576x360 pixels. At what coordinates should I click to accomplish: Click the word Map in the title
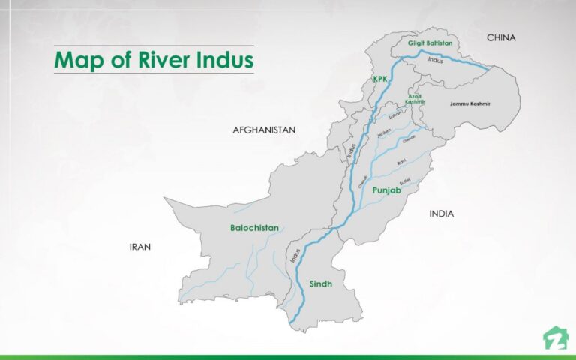[78, 60]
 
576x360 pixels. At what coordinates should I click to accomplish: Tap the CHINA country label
[502, 37]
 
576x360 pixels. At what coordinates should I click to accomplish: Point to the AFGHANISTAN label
[264, 130]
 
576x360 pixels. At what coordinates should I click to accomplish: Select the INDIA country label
[441, 214]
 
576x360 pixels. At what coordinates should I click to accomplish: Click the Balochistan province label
[254, 227]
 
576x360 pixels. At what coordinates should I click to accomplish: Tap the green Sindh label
[320, 283]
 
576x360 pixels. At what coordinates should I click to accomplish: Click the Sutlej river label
[405, 180]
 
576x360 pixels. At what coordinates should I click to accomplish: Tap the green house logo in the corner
[555, 338]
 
